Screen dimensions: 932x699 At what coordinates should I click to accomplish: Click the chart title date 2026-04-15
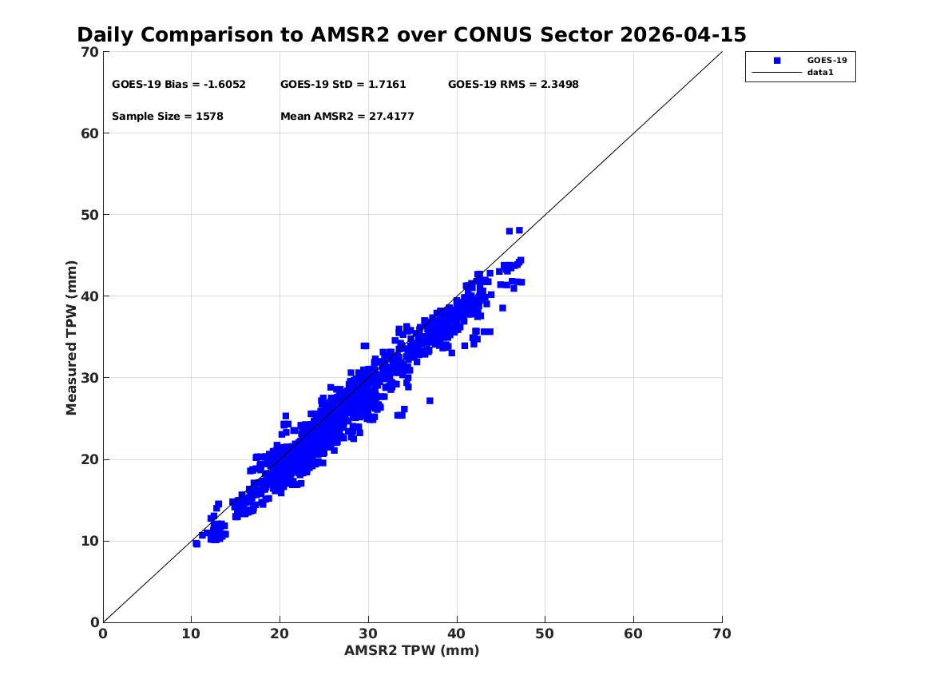(683, 35)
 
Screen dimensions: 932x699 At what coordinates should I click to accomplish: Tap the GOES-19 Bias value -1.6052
(224, 85)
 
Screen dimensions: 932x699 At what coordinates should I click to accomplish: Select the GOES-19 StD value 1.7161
(387, 85)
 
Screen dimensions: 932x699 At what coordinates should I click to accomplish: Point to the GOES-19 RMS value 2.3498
(559, 85)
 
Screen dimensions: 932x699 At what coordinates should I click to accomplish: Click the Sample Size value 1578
(209, 117)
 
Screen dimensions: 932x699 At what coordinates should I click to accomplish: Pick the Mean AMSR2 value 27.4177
(391, 117)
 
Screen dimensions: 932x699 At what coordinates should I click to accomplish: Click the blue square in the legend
(777, 61)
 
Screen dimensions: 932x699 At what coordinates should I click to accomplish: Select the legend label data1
(820, 73)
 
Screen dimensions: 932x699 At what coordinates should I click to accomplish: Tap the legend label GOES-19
(827, 61)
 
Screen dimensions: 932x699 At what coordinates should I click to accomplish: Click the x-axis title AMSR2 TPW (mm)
(412, 651)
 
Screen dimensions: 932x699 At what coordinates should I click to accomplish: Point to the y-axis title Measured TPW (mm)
(71, 338)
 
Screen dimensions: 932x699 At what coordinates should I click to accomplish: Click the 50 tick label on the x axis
(545, 633)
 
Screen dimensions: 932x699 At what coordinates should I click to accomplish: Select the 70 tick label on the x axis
(722, 633)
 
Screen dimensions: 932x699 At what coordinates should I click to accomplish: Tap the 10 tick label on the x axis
(191, 633)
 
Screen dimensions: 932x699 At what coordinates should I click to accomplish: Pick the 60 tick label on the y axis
(89, 133)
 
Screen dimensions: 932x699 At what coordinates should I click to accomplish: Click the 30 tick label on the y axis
(89, 378)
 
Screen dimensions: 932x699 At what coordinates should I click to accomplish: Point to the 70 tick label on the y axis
(89, 52)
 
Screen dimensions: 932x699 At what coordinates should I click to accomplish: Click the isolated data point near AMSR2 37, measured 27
(430, 400)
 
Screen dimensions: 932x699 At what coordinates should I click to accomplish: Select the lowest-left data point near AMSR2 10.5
(196, 544)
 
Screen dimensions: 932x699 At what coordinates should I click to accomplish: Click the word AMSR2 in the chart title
(350, 35)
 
